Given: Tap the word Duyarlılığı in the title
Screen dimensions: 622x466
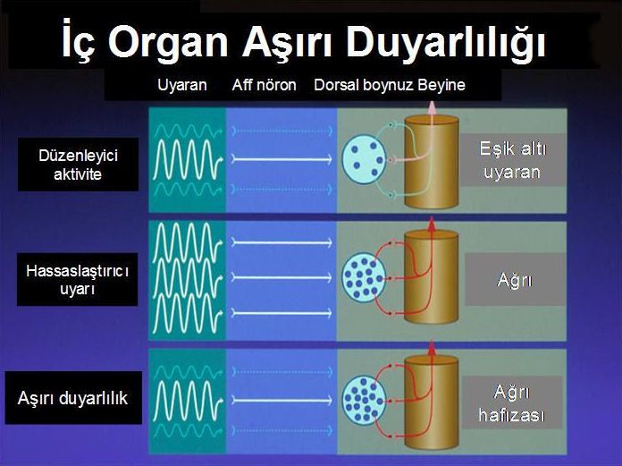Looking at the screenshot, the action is pos(445,41).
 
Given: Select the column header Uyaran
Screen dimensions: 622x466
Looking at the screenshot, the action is pos(182,85).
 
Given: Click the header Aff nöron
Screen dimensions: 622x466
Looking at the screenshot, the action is pos(265,85).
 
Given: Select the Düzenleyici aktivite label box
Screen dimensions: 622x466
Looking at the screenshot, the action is pos(78,165).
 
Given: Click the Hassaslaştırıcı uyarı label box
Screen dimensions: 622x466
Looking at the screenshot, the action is pos(78,279).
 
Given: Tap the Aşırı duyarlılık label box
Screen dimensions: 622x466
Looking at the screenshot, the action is pos(73,398).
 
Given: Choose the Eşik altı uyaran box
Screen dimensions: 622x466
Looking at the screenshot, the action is pos(512,160).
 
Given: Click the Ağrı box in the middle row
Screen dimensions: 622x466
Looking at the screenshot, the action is pos(515,280).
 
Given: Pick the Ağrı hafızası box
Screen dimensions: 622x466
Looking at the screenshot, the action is pos(512,402).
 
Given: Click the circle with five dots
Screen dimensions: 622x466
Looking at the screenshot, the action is pos(364,159).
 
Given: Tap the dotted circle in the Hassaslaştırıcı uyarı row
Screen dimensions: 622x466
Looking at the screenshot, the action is pos(364,279).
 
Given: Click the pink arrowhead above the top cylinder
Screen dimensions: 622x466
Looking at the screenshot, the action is pos(432,106).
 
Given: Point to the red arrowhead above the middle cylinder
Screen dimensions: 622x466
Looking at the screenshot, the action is pos(432,224).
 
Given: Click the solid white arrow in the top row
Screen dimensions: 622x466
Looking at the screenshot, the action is pos(282,159).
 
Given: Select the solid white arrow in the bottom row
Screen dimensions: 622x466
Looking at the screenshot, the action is pos(282,400).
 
